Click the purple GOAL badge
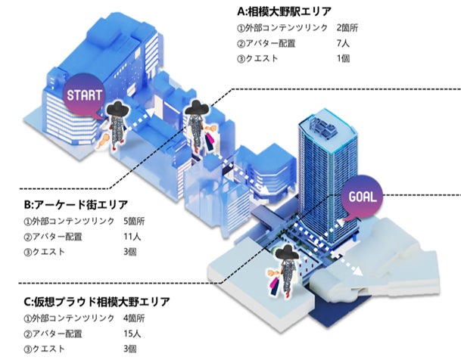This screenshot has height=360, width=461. click(367, 197)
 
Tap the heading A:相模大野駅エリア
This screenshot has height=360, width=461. click(285, 12)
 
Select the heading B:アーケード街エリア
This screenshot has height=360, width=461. click(76, 205)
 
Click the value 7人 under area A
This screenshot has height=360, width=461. click(343, 44)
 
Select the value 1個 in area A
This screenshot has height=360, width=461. click(343, 60)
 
